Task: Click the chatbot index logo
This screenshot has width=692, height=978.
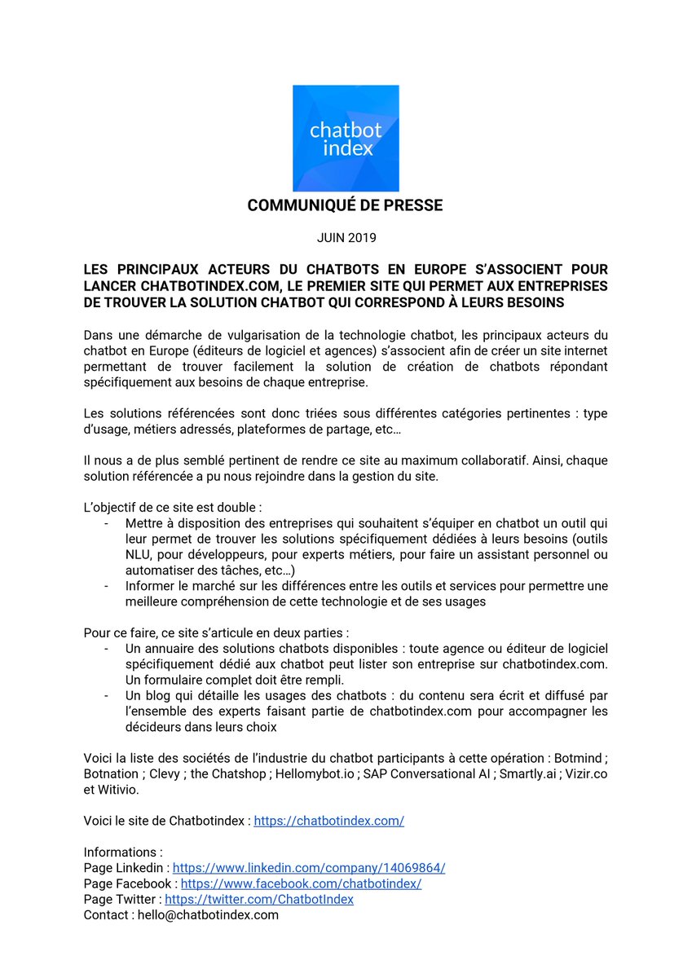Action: [346, 138]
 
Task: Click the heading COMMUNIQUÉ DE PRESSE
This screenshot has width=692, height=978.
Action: [346, 205]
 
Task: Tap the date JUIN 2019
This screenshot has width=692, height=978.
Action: [346, 238]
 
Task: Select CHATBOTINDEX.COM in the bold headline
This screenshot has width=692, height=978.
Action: [209, 286]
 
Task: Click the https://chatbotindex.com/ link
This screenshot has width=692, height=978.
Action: [328, 821]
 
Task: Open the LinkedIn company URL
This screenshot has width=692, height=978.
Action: [309, 868]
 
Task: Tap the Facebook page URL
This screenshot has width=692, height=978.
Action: [301, 883]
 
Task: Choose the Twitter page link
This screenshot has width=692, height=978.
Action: [259, 899]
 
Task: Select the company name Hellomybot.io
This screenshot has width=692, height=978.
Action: [315, 773]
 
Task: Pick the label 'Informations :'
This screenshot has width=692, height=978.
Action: [123, 852]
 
